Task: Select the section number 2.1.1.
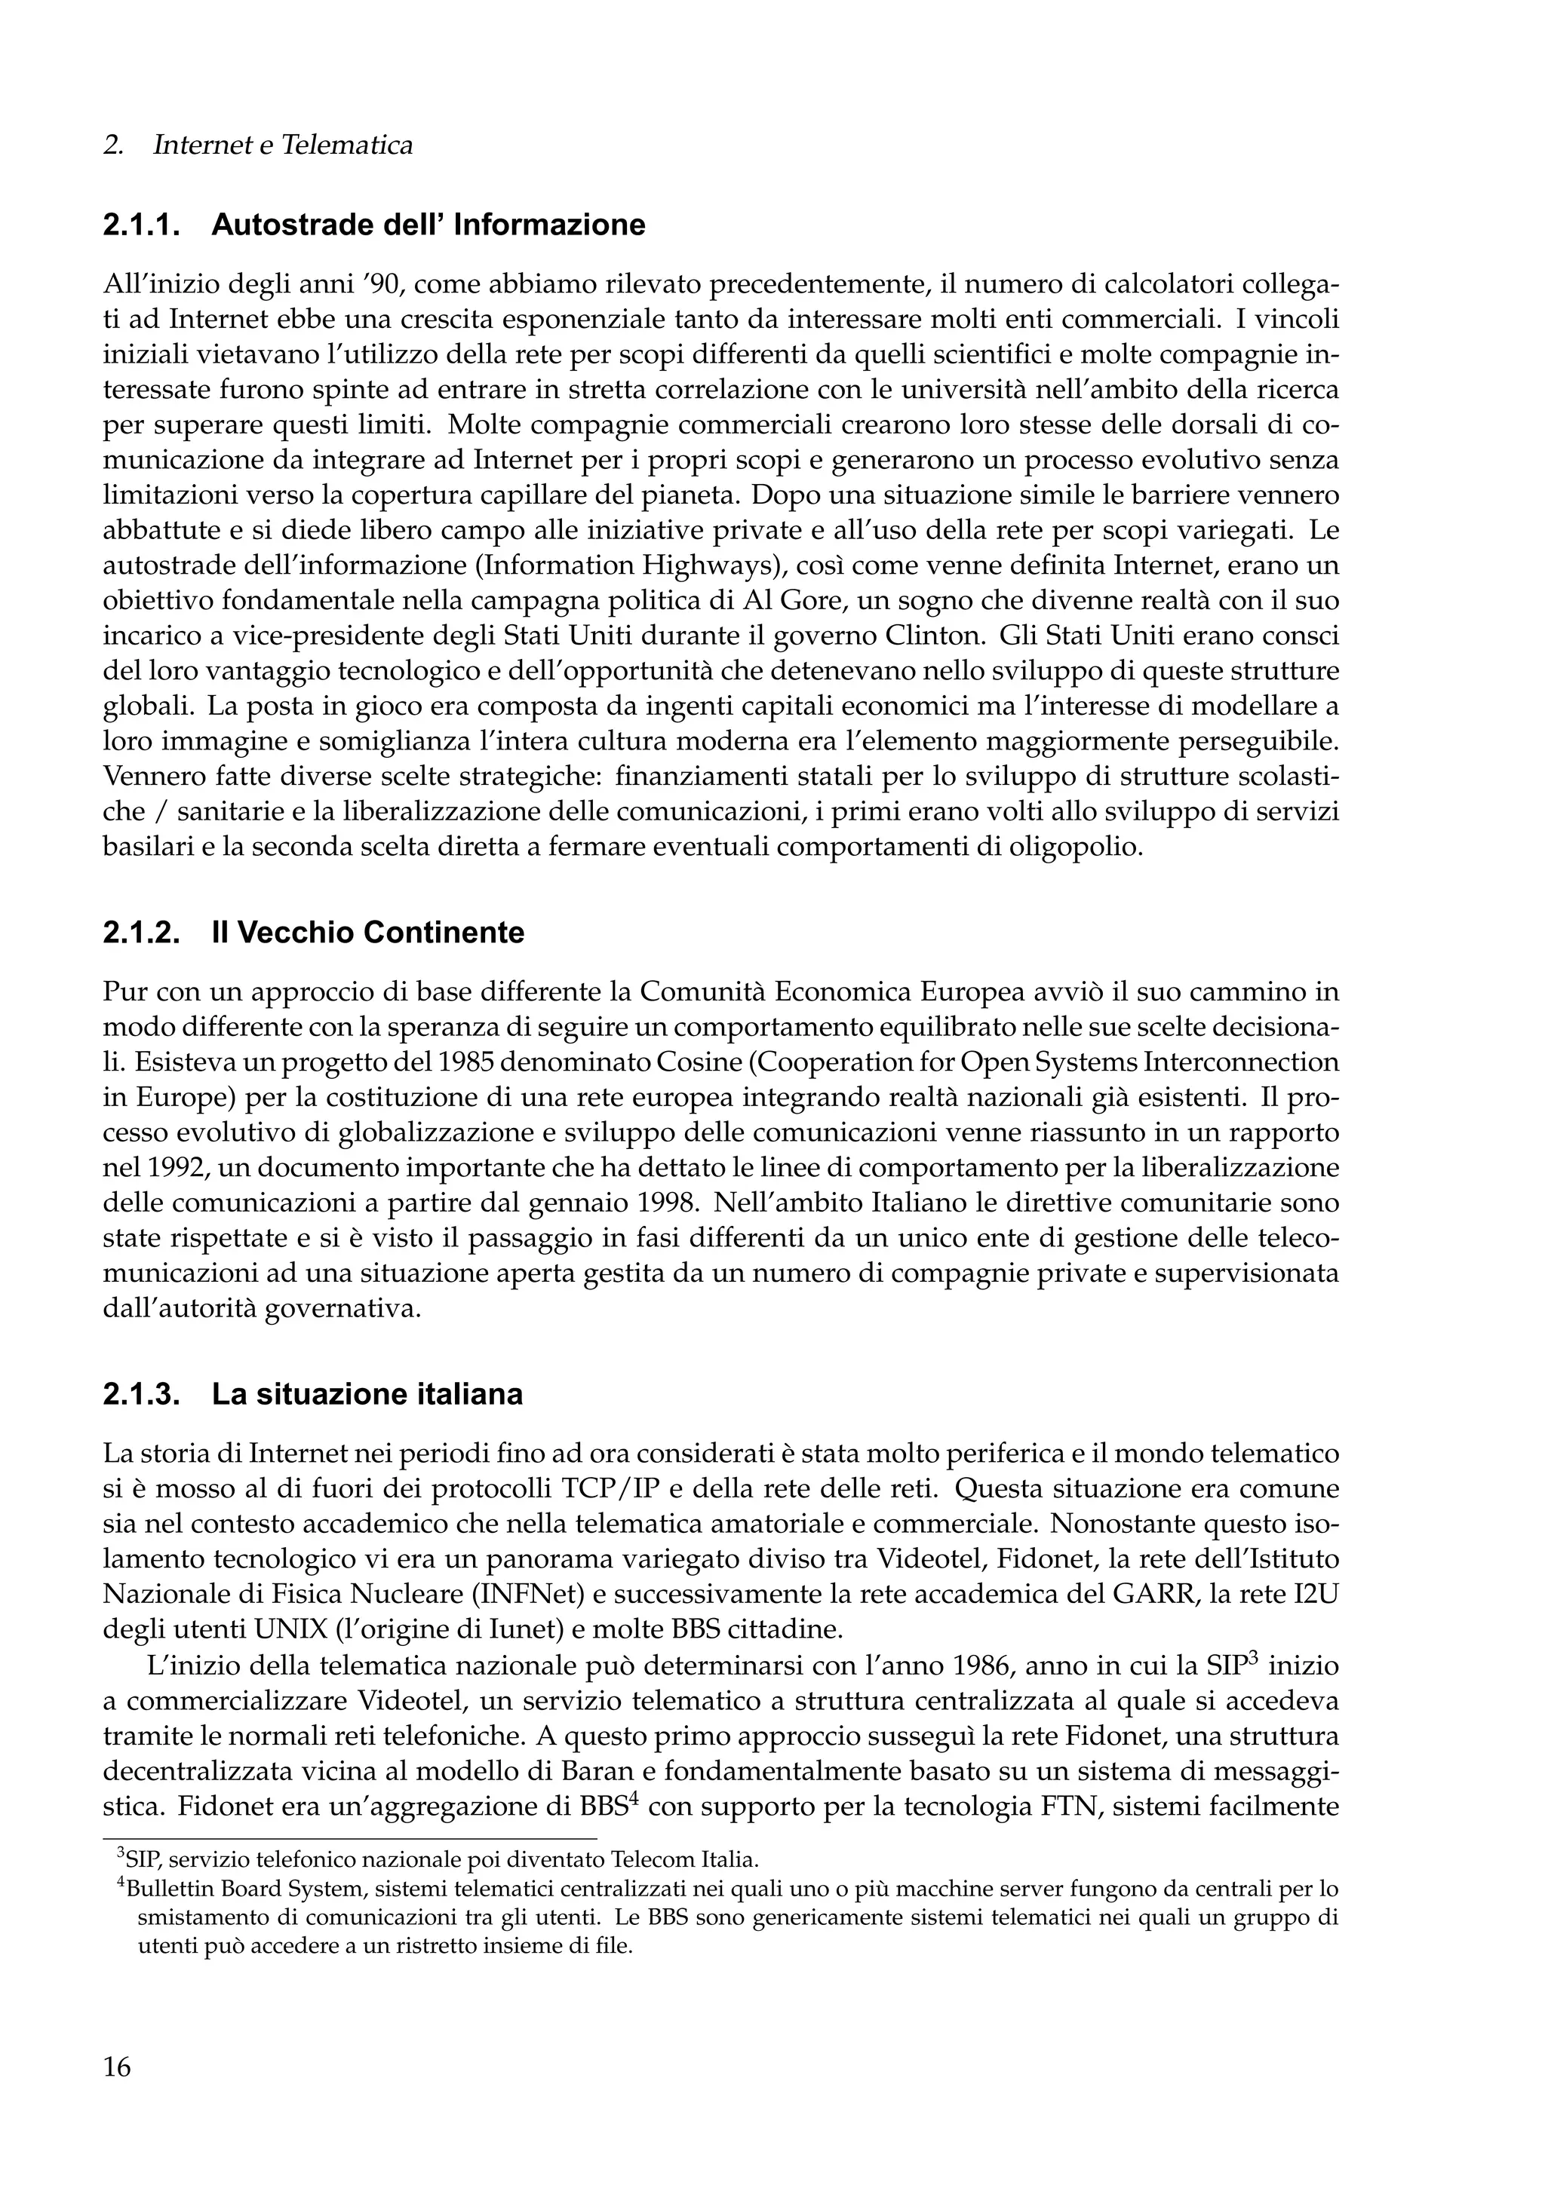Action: (141, 225)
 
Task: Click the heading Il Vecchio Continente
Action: (367, 933)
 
